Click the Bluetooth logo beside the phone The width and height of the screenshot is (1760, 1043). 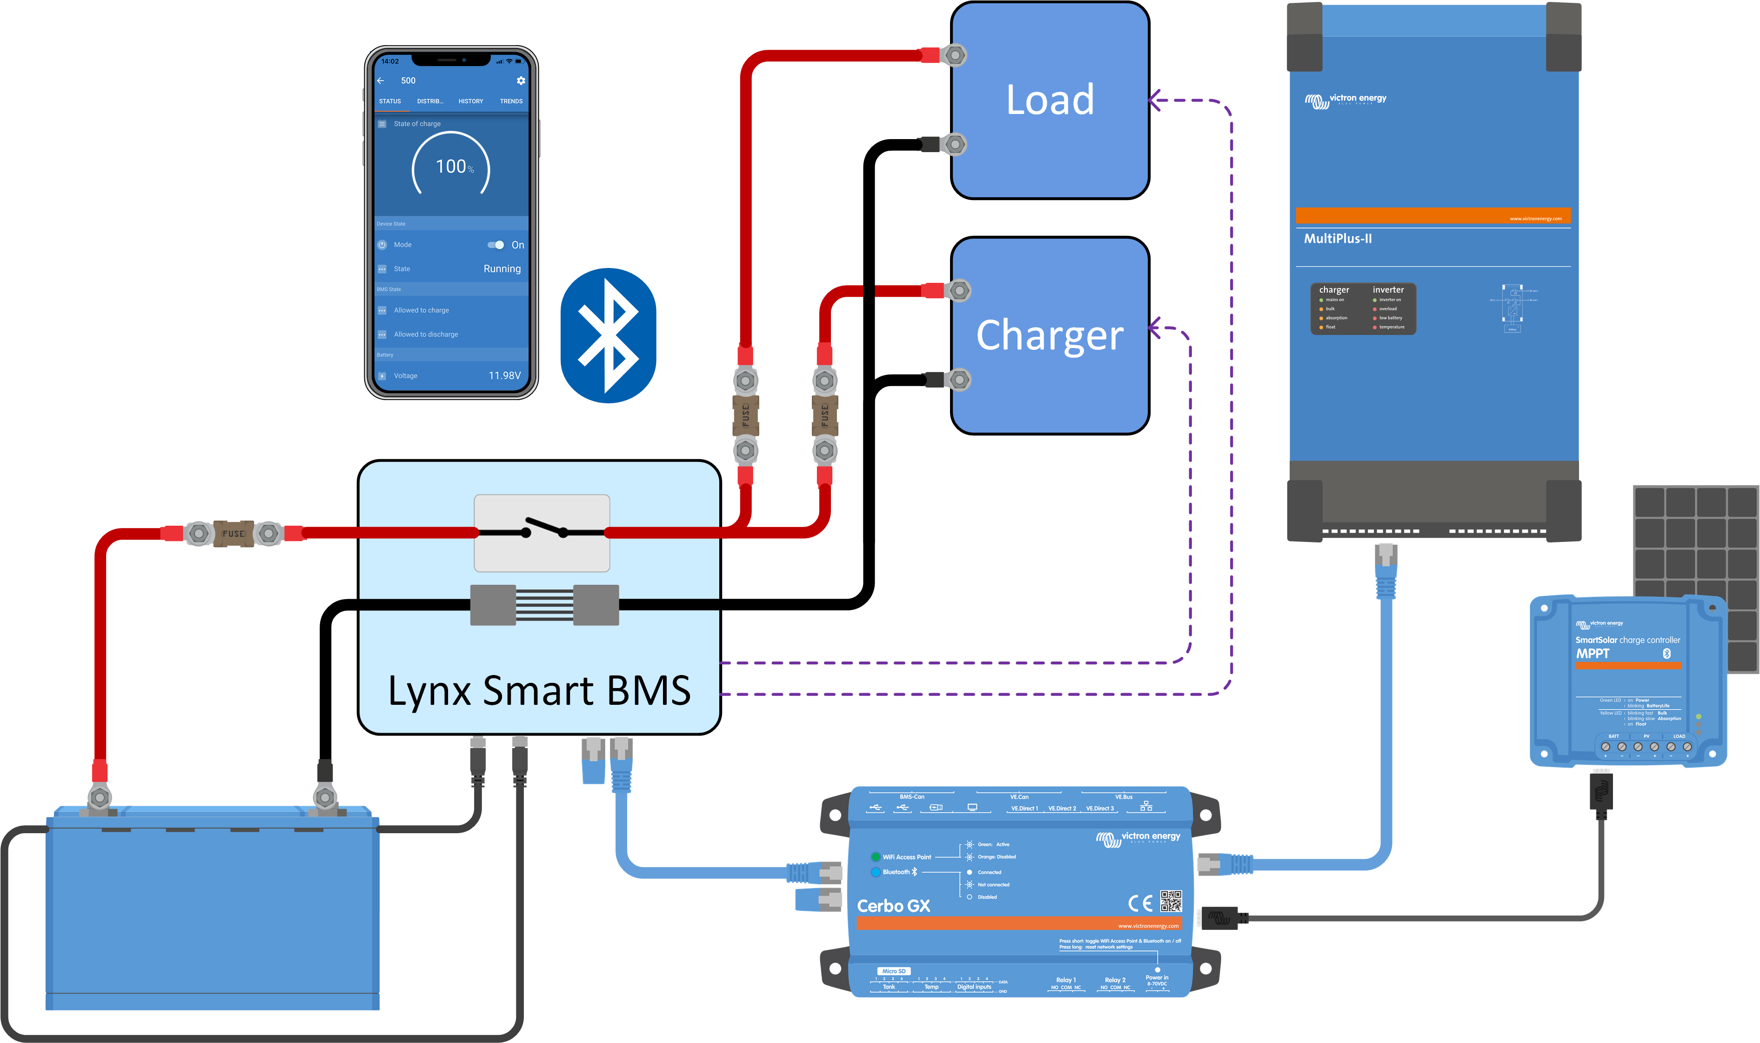click(608, 335)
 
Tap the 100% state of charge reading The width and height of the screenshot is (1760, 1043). click(453, 167)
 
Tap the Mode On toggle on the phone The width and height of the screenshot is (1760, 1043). click(496, 245)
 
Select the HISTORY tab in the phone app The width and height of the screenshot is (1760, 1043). click(470, 101)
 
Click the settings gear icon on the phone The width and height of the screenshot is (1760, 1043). click(521, 81)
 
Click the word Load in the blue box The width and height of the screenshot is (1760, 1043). click(1050, 100)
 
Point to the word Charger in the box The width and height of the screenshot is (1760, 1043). click(1050, 335)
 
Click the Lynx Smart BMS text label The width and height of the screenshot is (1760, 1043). click(539, 691)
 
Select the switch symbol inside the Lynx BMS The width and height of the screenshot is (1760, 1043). click(542, 532)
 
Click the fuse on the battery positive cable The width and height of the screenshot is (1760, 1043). click(234, 534)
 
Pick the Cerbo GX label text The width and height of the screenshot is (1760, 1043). click(893, 906)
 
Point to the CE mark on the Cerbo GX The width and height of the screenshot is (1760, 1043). click(1140, 903)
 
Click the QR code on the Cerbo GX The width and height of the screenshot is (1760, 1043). click(1171, 901)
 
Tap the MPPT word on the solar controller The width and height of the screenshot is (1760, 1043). click(1592, 654)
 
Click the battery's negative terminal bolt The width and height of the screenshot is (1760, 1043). click(325, 798)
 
